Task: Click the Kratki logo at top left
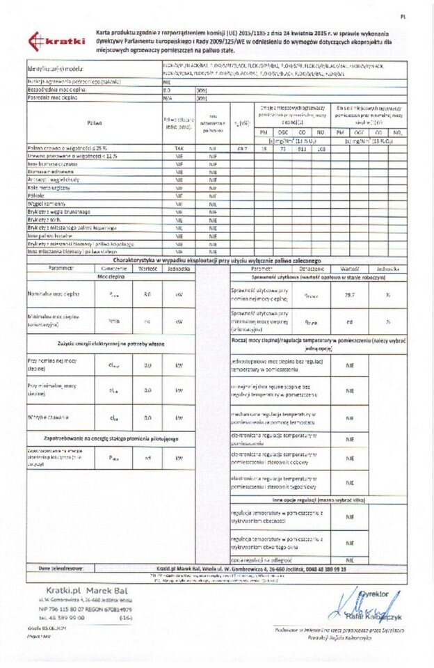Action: click(56, 42)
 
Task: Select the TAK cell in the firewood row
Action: click(179, 149)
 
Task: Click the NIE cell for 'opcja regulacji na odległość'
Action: click(349, 559)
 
